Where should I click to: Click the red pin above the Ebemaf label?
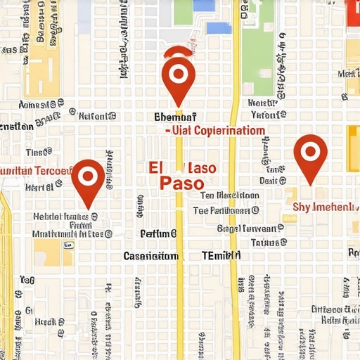tap(177, 73)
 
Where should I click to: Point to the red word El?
tap(155, 167)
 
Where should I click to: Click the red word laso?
tap(201, 169)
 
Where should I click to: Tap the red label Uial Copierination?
tap(217, 131)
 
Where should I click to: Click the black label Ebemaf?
tap(174, 117)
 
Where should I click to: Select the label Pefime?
tap(158, 233)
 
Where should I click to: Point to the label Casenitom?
tap(150, 256)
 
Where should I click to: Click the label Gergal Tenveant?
tap(249, 228)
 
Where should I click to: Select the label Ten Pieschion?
tap(229, 195)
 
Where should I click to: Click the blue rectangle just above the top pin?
tap(218, 28)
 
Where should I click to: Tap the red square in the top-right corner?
tap(353, 10)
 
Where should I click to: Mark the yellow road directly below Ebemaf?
tap(179, 211)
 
